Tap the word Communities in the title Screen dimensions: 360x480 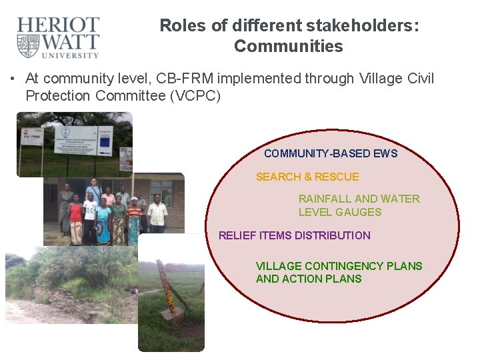click(288, 47)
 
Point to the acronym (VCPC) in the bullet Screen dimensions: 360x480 click(195, 95)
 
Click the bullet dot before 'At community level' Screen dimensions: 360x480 click(13, 79)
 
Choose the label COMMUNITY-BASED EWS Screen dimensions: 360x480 click(330, 153)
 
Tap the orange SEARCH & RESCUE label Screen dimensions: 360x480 click(307, 177)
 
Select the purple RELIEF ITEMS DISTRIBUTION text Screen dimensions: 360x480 click(294, 235)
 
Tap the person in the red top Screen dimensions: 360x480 click(75, 217)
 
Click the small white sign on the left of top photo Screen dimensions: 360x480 click(31, 137)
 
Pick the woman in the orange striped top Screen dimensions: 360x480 click(134, 220)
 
